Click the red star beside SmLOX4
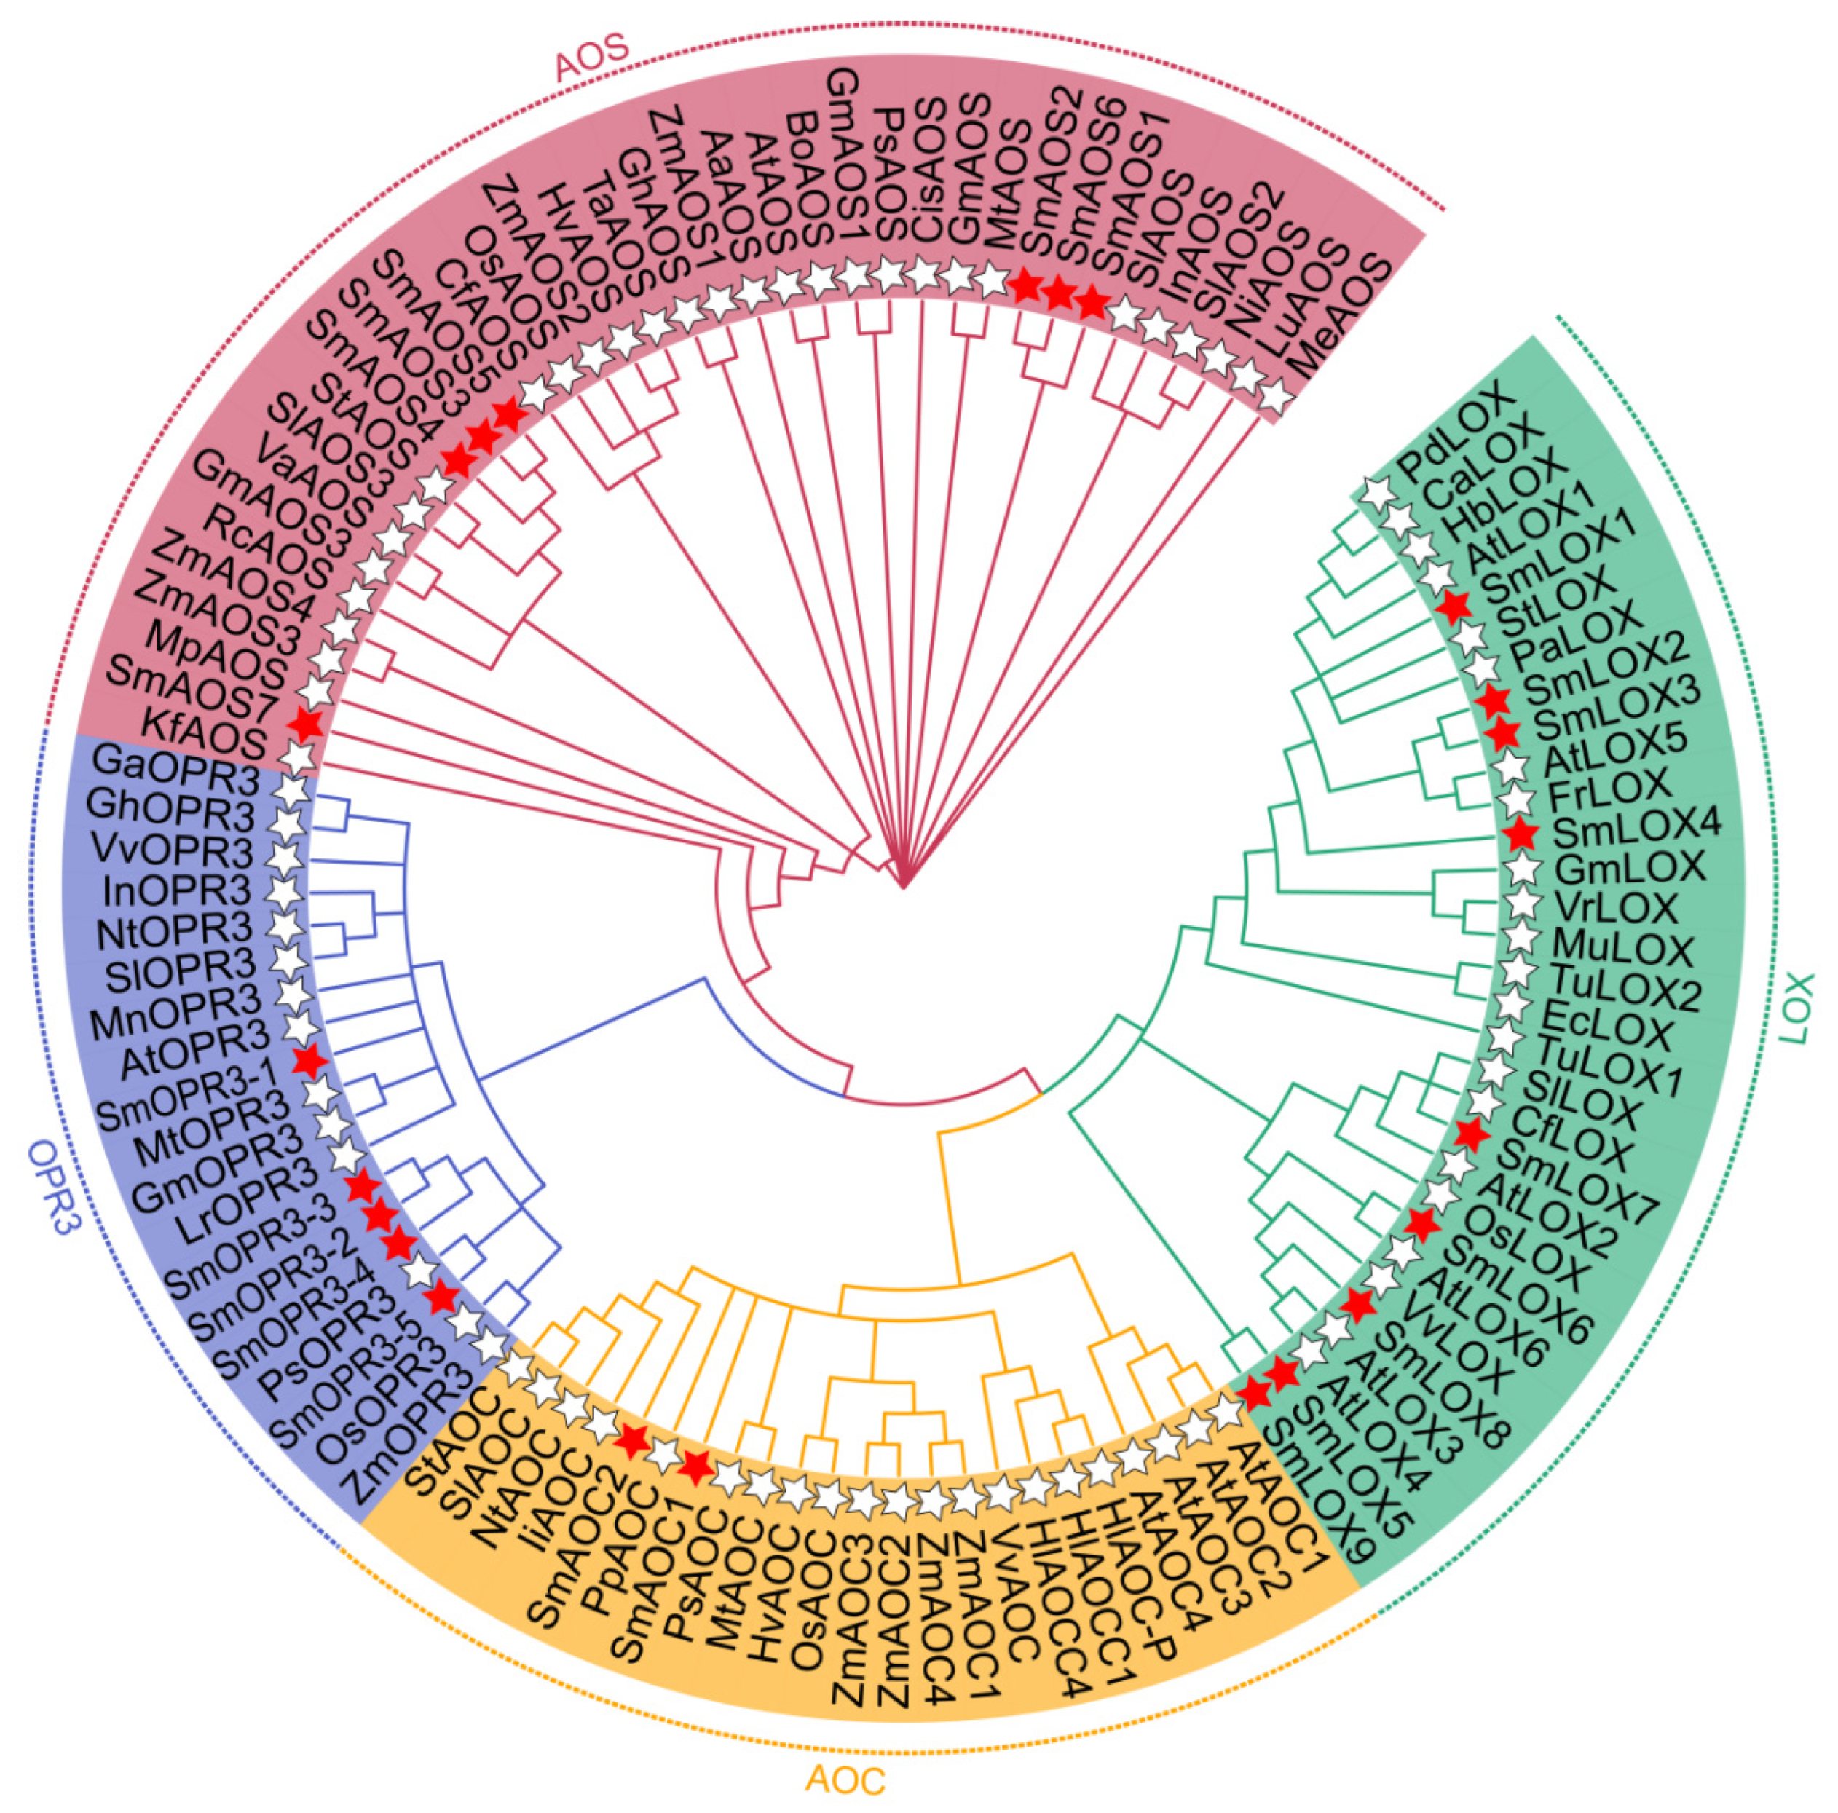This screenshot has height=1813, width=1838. (1521, 834)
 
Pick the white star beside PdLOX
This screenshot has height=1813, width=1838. (1373, 491)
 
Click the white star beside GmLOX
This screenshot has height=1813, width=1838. (1522, 869)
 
